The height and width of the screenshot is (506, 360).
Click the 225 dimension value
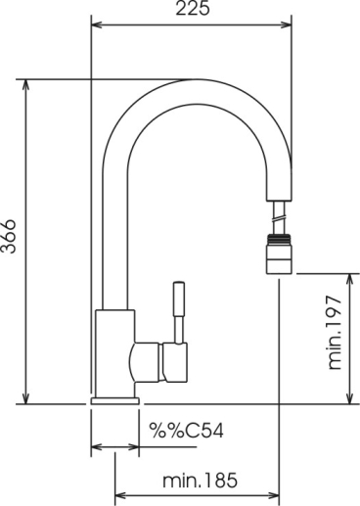pos(193,9)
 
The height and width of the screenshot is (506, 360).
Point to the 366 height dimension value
pos(8,237)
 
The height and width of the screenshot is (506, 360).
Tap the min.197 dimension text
pos(335,333)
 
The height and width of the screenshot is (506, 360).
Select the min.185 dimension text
pos(200,480)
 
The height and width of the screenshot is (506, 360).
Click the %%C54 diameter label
pos(186,431)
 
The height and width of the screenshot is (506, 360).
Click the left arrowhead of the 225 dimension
pos(97,24)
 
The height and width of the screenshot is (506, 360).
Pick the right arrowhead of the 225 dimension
pos(286,24)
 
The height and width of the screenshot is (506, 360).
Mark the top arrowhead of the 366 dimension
pos(25,85)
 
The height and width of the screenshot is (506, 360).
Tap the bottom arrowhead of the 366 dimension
pos(25,398)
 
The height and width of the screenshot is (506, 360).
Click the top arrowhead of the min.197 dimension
pos(350,280)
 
